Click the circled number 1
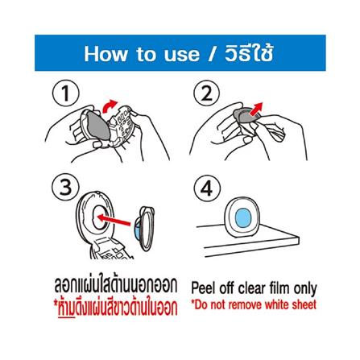click(x=65, y=94)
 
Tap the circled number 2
click(x=206, y=93)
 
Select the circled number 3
click(x=65, y=187)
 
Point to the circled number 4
click(x=207, y=187)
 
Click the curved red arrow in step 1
click(x=110, y=106)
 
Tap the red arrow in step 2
click(x=255, y=109)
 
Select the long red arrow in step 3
click(x=114, y=220)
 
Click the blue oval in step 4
click(x=243, y=217)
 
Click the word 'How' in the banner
click(x=105, y=54)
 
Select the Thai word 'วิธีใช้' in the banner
click(x=250, y=53)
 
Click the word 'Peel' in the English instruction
click(x=204, y=288)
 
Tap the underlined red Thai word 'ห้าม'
click(x=66, y=308)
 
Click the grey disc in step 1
click(x=98, y=126)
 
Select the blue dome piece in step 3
click(x=136, y=227)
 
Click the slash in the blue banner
click(x=212, y=55)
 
